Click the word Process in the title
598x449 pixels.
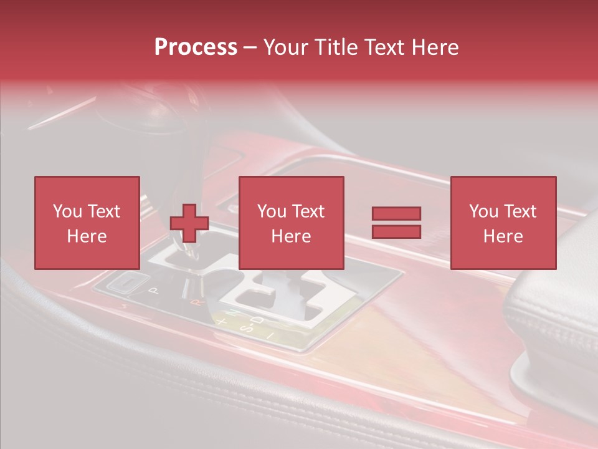pos(196,47)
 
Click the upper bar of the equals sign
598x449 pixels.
pos(396,213)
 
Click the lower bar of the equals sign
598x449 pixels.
pos(396,231)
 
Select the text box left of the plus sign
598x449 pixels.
pos(87,223)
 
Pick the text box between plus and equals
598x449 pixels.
pos(291,223)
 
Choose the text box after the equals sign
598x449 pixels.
pos(503,223)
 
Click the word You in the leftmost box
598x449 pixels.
pos(67,211)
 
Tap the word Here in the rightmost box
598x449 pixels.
pos(503,236)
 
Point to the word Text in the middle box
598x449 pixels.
pos(308,211)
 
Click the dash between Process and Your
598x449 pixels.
pos(250,47)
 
